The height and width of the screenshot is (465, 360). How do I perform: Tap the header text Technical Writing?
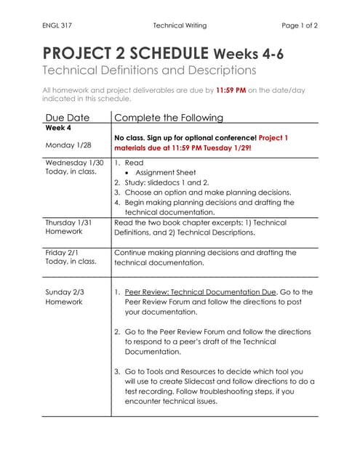180,25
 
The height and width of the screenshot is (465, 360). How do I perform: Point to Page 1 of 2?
300,25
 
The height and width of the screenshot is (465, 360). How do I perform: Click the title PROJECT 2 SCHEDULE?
126,53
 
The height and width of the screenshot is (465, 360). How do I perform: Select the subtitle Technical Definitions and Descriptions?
149,70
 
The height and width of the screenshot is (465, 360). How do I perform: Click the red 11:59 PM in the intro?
231,91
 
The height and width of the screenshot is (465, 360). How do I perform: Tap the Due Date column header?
68,117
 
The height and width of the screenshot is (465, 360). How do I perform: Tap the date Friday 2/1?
65,252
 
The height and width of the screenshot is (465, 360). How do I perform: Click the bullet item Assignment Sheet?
164,173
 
